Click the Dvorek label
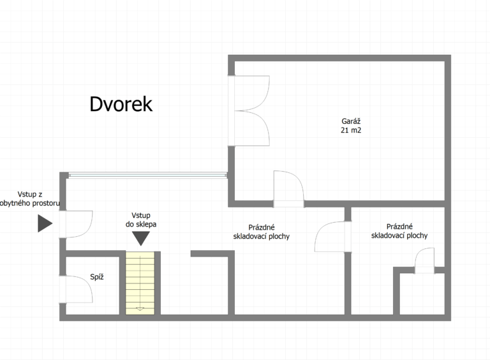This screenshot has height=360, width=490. [121, 104]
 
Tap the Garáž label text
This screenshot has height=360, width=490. [351, 121]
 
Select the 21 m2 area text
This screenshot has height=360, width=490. [351, 130]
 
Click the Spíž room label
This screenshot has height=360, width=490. [97, 276]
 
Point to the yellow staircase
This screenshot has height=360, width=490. [140, 283]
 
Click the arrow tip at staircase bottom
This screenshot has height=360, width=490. [140, 310]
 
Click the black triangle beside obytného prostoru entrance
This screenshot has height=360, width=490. [45, 223]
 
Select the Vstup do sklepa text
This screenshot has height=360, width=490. [141, 220]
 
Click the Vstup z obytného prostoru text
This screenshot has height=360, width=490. [30, 199]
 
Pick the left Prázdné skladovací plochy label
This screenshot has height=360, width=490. [261, 232]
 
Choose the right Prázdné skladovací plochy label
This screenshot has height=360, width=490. [399, 231]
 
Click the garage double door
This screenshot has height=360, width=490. [248, 110]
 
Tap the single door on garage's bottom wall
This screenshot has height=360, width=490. [288, 189]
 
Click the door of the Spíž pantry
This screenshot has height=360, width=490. [76, 289]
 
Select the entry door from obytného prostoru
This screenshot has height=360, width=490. [76, 225]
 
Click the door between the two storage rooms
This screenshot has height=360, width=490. [333, 237]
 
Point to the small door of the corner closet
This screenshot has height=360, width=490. [424, 261]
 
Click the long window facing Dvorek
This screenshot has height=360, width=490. [147, 176]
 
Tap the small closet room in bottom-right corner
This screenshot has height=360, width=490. [422, 294]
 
